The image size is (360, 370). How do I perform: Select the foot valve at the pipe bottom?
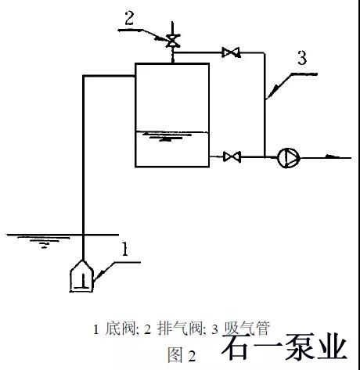point(81,276)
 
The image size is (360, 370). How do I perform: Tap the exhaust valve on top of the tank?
point(172,41)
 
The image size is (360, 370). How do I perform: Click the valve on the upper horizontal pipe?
point(231,52)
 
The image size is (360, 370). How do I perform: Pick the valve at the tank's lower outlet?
point(232,156)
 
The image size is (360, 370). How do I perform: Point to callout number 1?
point(125,249)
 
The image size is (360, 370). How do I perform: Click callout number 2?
point(129,18)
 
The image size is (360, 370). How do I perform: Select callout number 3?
point(302,58)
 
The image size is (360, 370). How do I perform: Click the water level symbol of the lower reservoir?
point(45,241)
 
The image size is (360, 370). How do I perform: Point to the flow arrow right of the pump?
point(332,156)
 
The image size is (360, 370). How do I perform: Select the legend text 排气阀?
point(180,329)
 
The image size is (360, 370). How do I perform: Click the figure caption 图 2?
point(182,355)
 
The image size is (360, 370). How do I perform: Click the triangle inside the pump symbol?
point(290,158)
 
